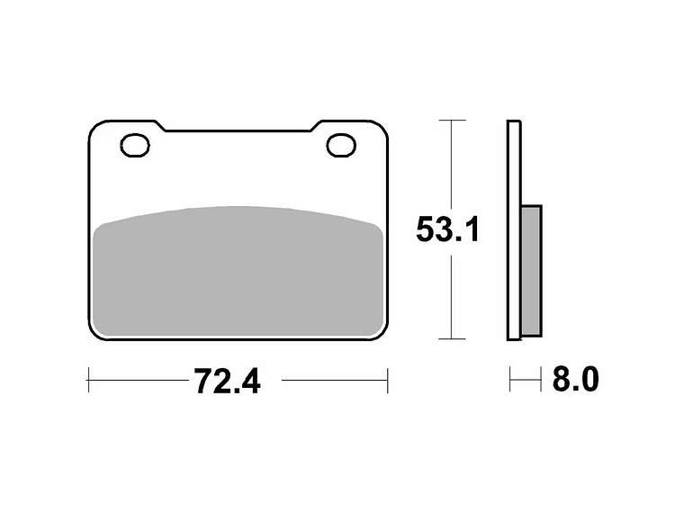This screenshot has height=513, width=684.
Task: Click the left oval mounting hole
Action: [x=135, y=144]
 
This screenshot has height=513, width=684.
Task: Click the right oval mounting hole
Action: [x=341, y=144]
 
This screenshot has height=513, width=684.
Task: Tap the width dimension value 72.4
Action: [x=227, y=381]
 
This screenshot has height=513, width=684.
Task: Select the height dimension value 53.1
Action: [x=448, y=229]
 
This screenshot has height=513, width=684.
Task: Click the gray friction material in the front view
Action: [x=238, y=269]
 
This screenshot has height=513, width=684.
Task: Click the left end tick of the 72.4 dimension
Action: [x=88, y=381]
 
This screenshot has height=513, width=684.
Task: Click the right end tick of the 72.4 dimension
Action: [x=388, y=381]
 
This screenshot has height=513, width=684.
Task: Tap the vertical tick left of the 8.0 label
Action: [x=510, y=380]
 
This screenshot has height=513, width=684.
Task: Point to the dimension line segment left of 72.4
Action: [x=135, y=381]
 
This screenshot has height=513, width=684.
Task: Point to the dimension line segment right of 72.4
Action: [x=333, y=381]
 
